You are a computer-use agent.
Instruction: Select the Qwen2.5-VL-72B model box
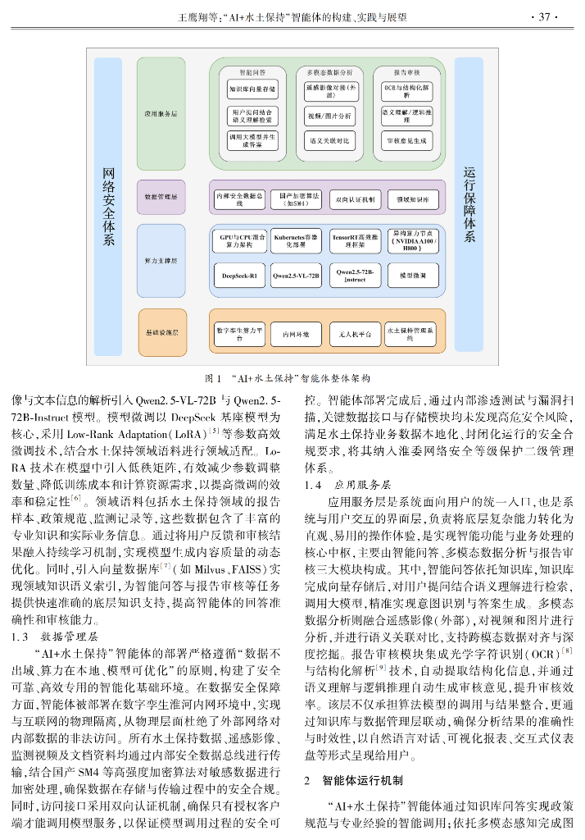pos(296,276)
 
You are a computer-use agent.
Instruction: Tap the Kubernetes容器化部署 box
pos(296,240)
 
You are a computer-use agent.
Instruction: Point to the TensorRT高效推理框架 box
pos(355,240)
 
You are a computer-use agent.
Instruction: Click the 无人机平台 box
pos(355,334)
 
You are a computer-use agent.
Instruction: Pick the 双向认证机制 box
pos(355,199)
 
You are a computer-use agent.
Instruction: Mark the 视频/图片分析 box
pos(330,116)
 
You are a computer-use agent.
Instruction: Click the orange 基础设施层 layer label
pos(162,333)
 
